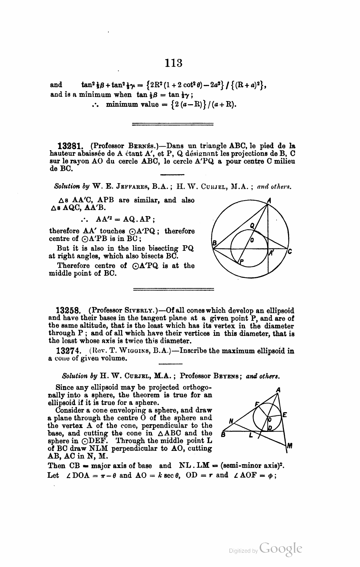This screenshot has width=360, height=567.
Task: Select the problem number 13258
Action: pos(68,311)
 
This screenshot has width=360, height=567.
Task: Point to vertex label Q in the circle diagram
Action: pos(252,225)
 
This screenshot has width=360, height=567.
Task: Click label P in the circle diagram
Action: pos(241,261)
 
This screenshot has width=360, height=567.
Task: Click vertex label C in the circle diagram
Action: pos(289,252)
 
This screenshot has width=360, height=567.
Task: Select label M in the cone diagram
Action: pos(289,446)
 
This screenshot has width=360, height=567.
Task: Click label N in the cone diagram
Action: pos(231,420)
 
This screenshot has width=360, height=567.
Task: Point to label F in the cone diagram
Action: pos(257,404)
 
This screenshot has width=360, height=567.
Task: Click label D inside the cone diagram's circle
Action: pos(269,428)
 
